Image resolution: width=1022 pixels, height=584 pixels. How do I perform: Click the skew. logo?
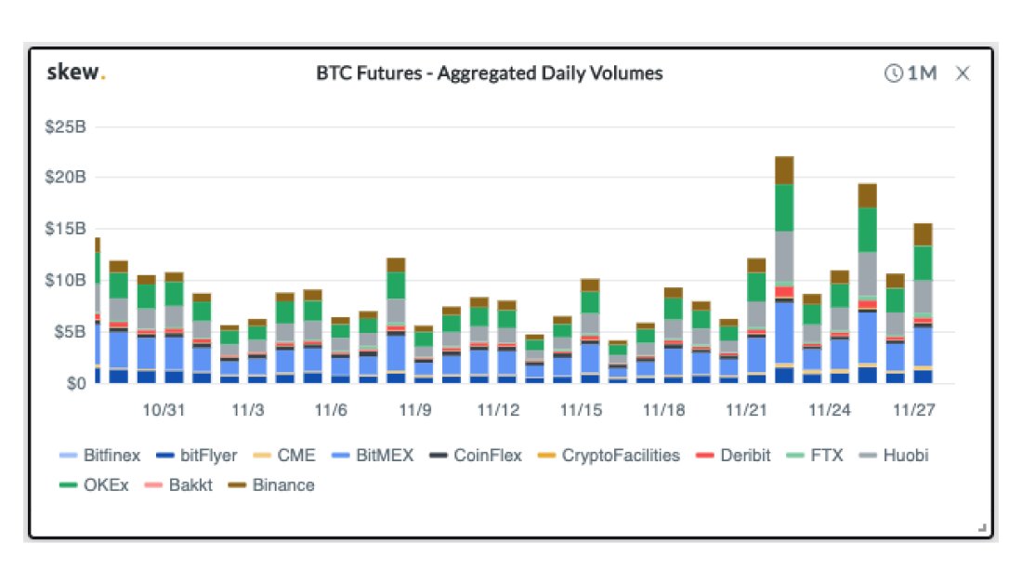[x=75, y=73]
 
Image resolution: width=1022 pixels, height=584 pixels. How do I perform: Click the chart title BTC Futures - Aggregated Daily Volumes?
[x=490, y=73]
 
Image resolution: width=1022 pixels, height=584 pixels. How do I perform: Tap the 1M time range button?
[x=911, y=73]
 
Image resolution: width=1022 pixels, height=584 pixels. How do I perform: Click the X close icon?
[x=963, y=73]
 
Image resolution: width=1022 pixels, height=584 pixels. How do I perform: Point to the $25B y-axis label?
[x=65, y=126]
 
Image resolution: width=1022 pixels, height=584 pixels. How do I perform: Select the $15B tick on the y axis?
[x=65, y=229]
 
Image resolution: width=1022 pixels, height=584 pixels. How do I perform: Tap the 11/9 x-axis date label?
[x=414, y=409]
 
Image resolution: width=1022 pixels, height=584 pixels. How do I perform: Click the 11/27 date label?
[x=913, y=409]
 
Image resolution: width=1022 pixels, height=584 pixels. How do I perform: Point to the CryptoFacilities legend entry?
[x=609, y=456]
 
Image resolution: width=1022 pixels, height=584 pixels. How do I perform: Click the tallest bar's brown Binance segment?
[x=784, y=170]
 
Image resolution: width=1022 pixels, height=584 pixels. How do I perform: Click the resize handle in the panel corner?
[x=982, y=528]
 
